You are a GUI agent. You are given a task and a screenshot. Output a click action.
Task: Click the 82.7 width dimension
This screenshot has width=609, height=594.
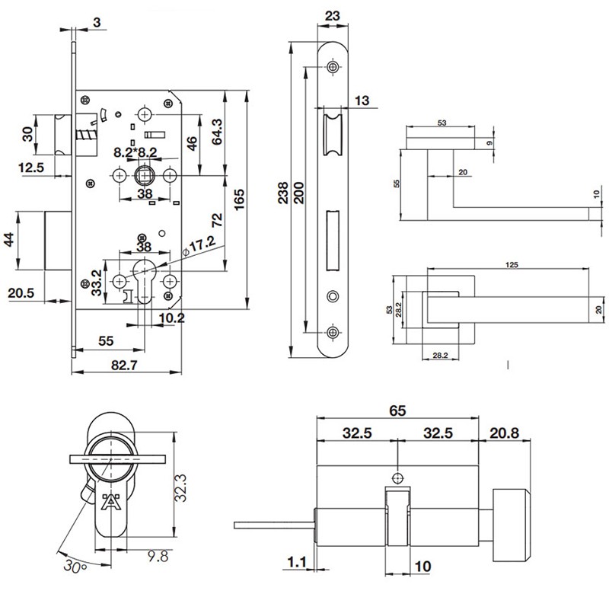124,366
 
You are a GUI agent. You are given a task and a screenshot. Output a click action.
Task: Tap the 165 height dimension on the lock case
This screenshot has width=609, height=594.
239,200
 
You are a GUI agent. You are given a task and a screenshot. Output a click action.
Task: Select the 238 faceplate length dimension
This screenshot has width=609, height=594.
283,193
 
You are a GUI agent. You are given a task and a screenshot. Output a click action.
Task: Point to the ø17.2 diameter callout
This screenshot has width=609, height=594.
199,246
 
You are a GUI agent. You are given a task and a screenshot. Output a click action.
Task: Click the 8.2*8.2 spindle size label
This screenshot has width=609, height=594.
136,152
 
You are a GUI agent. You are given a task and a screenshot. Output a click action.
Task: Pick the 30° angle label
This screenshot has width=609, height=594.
75,566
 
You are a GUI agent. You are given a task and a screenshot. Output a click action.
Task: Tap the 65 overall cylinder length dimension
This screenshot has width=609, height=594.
397,410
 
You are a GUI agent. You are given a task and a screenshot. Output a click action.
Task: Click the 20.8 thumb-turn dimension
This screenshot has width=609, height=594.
504,433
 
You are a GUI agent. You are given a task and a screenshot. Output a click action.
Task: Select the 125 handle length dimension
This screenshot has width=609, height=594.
512,264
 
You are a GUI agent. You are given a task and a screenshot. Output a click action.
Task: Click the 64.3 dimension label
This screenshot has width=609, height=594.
217,132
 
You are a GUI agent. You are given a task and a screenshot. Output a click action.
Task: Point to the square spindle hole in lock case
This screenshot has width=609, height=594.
144,176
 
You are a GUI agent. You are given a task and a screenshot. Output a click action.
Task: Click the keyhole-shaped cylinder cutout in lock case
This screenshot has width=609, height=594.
144,280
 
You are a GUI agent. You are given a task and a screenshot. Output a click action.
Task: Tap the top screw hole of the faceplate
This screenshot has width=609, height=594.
332,67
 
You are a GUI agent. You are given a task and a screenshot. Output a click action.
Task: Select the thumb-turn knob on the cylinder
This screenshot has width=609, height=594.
511,525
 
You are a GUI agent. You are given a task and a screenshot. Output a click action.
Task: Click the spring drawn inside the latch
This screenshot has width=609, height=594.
85,136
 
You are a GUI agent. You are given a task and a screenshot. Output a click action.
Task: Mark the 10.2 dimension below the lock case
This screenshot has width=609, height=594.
172,318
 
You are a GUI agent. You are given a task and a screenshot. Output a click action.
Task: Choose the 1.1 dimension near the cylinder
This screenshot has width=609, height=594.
297,562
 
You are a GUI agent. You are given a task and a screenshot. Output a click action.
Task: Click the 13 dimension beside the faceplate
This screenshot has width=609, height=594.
362,101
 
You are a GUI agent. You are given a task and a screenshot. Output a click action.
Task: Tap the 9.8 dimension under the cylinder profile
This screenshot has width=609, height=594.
158,557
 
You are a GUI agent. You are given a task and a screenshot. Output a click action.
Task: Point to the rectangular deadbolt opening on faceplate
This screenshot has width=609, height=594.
332,241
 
